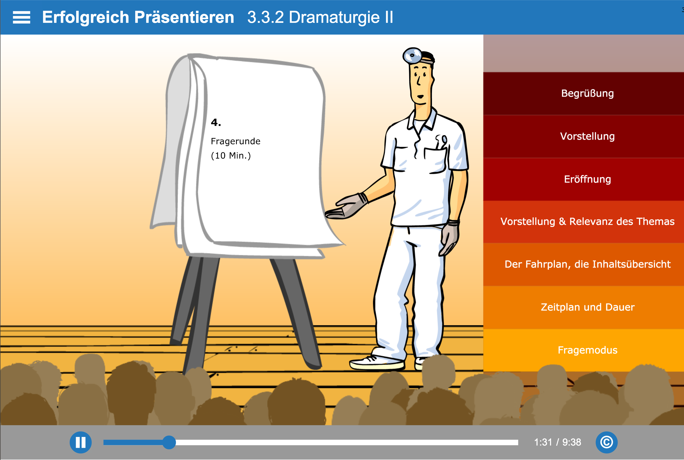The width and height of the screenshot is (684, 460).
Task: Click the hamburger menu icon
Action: coord(21,17)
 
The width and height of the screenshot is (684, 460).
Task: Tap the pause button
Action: coord(80,442)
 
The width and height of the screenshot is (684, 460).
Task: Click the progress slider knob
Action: coord(169,442)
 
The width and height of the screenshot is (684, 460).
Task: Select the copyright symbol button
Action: coord(606,442)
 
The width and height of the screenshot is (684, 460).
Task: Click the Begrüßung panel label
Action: coord(587,93)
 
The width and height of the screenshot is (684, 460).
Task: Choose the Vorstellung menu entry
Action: coord(587,136)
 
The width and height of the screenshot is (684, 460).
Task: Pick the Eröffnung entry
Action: coord(587,179)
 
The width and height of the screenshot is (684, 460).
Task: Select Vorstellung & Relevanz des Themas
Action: coord(587,221)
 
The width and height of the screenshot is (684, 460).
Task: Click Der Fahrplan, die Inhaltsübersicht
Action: coord(587,264)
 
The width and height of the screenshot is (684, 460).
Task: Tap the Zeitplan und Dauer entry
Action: coord(587,307)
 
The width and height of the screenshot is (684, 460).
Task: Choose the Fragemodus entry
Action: coord(587,350)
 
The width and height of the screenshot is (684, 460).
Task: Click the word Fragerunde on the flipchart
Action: coord(235,141)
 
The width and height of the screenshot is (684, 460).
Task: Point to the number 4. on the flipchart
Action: coord(216,122)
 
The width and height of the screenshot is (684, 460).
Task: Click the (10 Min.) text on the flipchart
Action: coord(231,155)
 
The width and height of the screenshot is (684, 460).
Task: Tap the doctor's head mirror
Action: coord(412,55)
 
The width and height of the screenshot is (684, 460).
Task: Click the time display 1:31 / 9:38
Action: coord(557,442)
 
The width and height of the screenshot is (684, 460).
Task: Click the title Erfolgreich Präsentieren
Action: coord(138,17)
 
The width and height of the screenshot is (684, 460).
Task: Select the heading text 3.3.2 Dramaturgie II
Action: coord(320,17)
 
